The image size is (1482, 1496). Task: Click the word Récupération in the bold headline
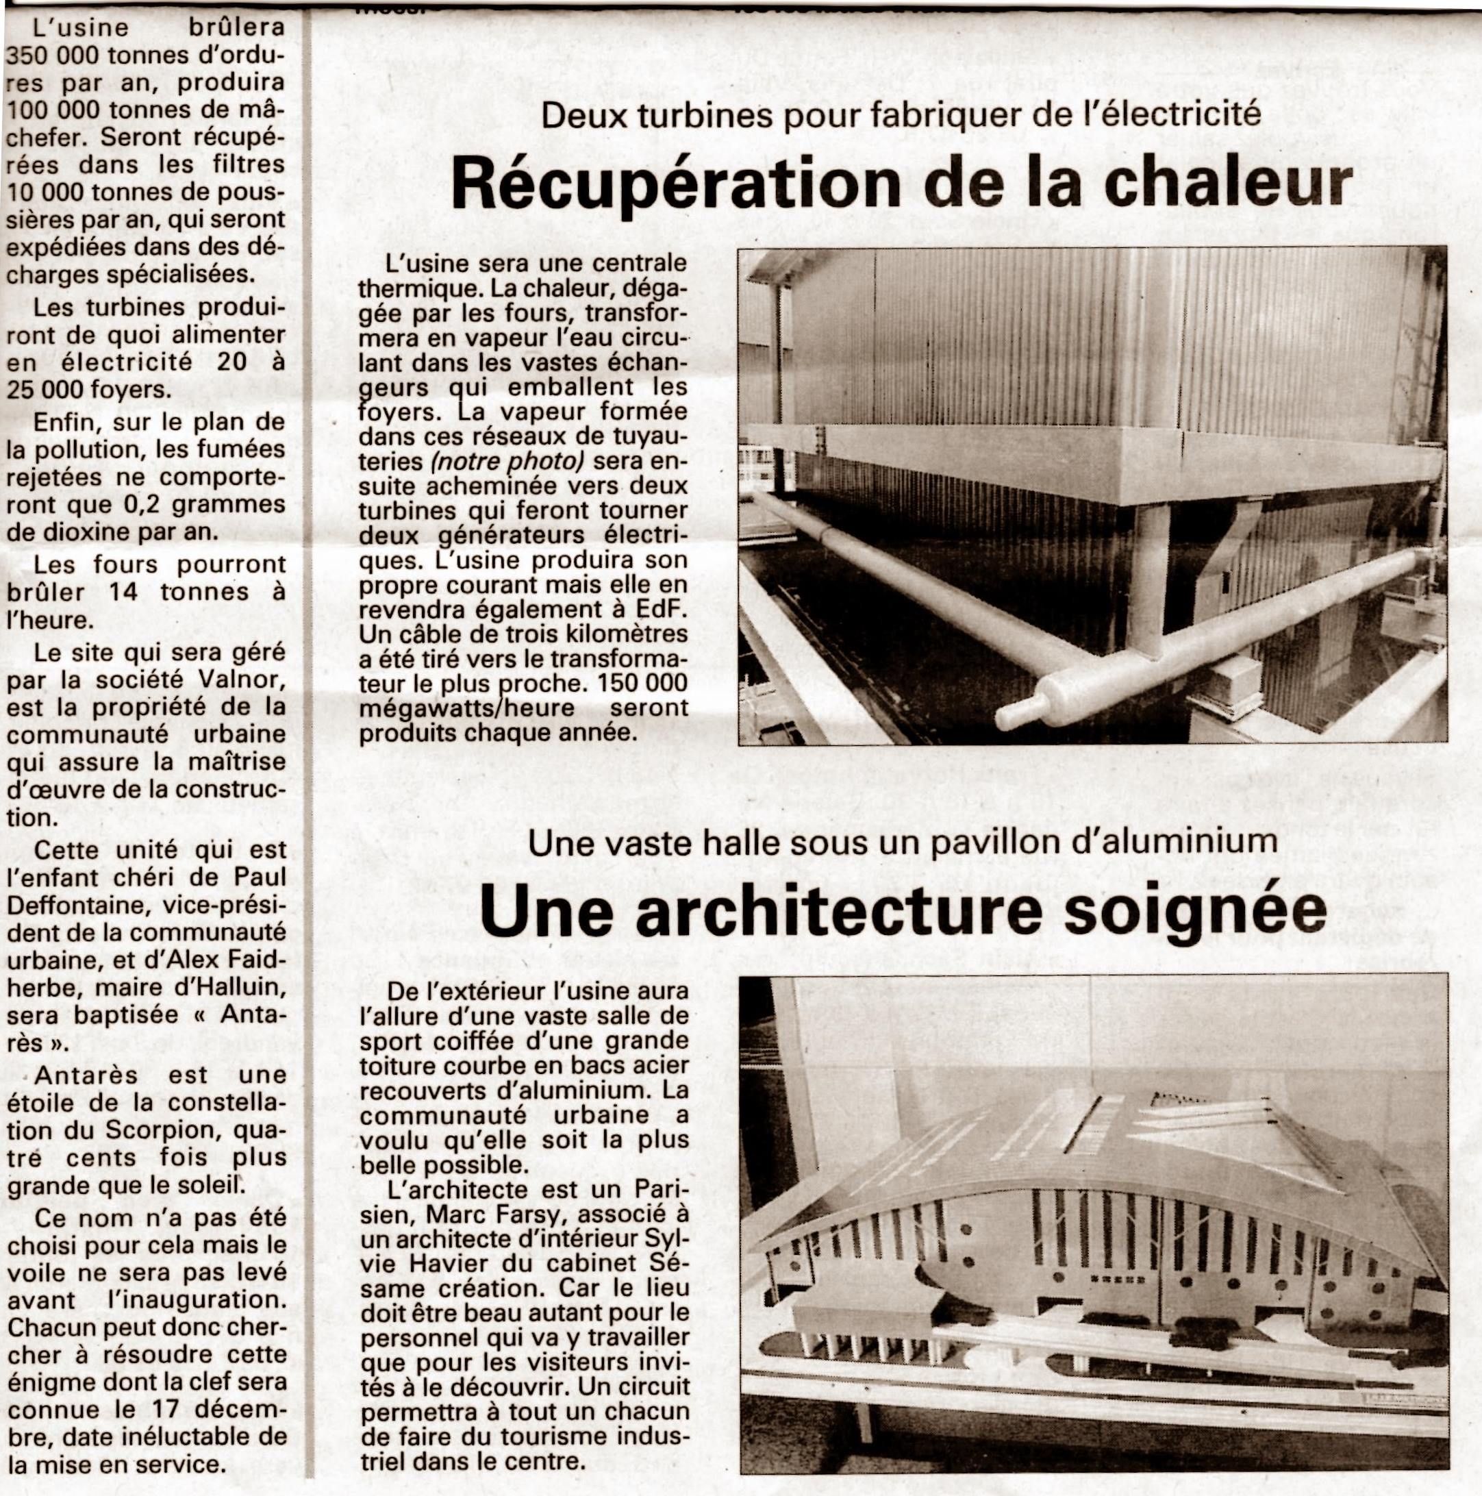674,184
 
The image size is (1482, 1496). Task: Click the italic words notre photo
508,461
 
